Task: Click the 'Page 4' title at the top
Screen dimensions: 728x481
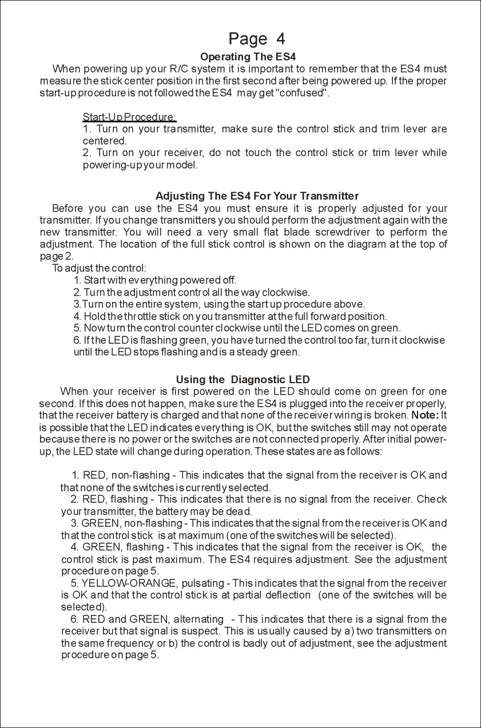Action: (x=256, y=39)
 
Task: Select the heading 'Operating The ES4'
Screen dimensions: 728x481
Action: (x=248, y=57)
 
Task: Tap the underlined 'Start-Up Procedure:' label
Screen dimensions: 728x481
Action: (x=129, y=117)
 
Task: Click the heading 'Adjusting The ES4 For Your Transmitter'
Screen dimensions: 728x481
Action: (x=257, y=197)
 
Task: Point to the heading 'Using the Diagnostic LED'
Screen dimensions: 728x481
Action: (x=243, y=380)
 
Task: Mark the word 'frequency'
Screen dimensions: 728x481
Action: (x=124, y=643)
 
